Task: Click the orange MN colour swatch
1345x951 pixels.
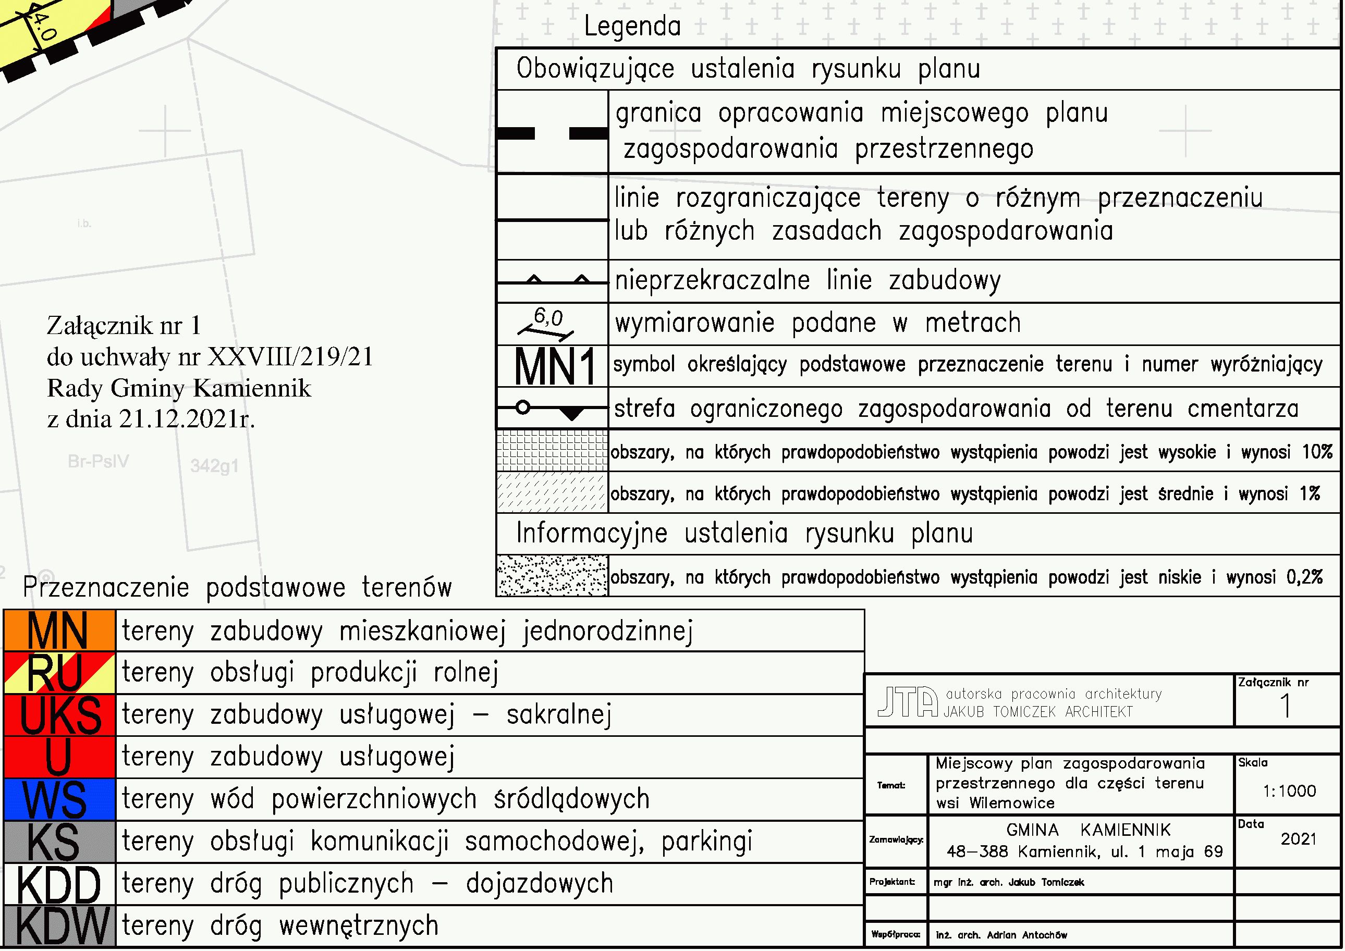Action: (59, 631)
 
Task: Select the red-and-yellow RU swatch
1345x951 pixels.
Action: (59, 673)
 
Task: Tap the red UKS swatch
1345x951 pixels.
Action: (59, 715)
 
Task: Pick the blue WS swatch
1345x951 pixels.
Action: (59, 799)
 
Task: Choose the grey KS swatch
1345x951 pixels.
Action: (59, 842)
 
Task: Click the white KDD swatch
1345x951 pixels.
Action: (59, 884)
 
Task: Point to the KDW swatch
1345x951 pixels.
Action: (59, 926)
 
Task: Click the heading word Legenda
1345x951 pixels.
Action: (632, 27)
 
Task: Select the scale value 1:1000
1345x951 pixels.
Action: (1289, 792)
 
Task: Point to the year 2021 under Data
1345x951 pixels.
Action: (1298, 839)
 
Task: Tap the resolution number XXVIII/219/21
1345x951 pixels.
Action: (290, 356)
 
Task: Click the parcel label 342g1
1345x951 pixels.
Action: (214, 466)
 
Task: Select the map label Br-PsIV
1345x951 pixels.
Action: (98, 462)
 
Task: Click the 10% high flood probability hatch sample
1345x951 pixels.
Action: (552, 451)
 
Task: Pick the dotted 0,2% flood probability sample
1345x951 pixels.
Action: (552, 576)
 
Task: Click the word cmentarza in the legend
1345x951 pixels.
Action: (1242, 408)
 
